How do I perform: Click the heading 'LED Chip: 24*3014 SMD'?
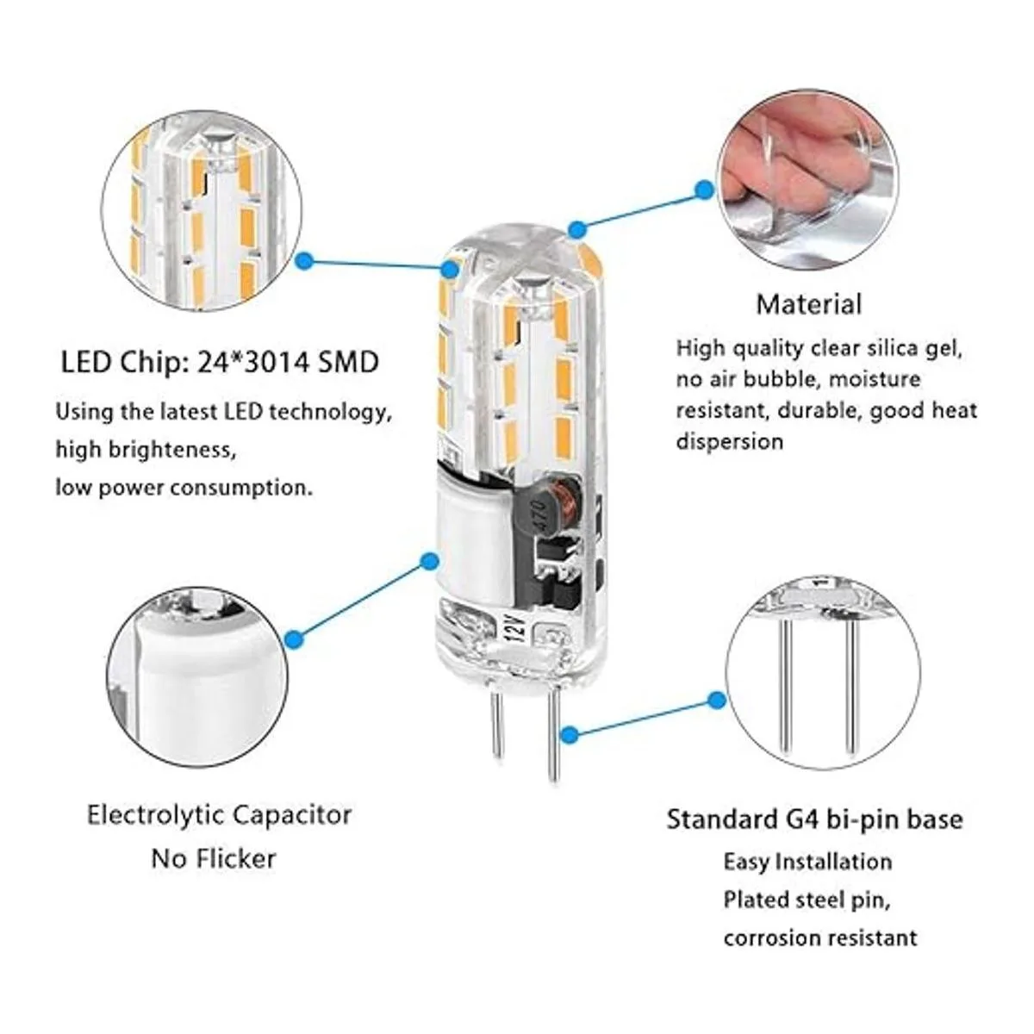(x=220, y=363)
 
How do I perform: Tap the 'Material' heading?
(x=808, y=304)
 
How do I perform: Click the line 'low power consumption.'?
(x=184, y=489)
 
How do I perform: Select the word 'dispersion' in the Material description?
(x=729, y=442)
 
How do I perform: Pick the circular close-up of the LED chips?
(x=202, y=212)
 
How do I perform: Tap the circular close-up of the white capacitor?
(x=197, y=677)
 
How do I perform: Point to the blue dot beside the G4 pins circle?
(x=715, y=700)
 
